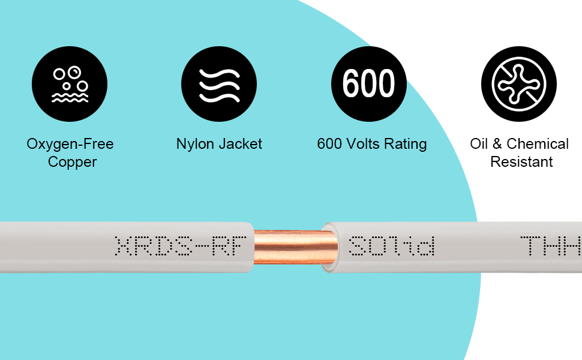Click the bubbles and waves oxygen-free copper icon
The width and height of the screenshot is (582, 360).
click(x=70, y=84)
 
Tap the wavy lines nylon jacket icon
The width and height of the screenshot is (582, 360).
click(x=219, y=84)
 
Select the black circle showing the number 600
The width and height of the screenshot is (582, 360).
click(x=369, y=84)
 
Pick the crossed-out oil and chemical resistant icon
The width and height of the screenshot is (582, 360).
click(x=519, y=84)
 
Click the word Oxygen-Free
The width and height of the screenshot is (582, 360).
click(x=70, y=144)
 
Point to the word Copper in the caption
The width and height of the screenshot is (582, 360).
click(x=73, y=162)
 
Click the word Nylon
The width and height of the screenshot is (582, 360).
click(x=195, y=144)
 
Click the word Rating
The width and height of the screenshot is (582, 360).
click(x=406, y=144)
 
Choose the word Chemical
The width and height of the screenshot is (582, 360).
click(x=538, y=143)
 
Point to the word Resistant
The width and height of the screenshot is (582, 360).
click(x=521, y=162)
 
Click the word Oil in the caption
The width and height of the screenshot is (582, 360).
click(x=479, y=143)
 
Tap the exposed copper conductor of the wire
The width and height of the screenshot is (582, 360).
click(x=294, y=247)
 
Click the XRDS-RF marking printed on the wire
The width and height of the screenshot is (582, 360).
click(x=181, y=246)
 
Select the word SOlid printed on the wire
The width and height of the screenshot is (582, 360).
click(x=392, y=246)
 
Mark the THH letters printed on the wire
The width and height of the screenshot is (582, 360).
click(x=551, y=246)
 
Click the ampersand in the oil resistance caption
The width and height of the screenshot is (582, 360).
click(x=497, y=143)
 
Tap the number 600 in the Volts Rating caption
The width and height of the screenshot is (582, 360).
click(x=329, y=143)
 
